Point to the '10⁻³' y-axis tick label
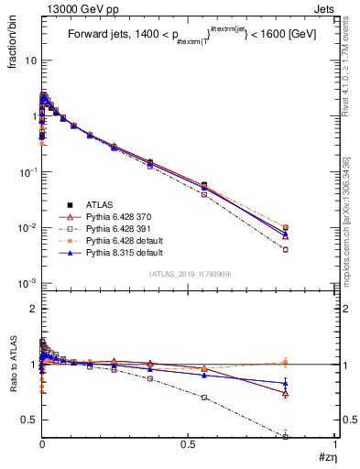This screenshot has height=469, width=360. [x=28, y=283]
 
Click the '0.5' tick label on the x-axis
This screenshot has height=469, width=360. [x=189, y=443]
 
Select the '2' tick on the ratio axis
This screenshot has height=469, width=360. [x=33, y=310]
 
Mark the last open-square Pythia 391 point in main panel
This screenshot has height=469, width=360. [x=311, y=249]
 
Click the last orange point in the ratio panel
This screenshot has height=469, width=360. [x=311, y=362]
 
